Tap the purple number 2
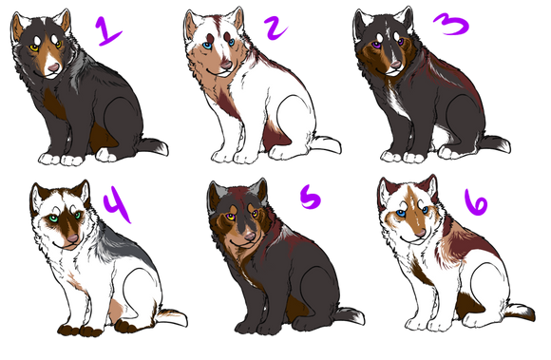(275, 28)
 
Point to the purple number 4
(118, 204)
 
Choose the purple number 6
(476, 203)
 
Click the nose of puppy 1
(53, 67)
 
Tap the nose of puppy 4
(73, 238)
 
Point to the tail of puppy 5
(349, 315)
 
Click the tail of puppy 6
(520, 312)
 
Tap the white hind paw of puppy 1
(105, 155)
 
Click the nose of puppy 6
(420, 233)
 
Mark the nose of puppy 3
(396, 65)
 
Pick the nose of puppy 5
(250, 236)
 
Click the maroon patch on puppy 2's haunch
(275, 136)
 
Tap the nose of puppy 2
(226, 65)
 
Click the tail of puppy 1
(152, 146)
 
